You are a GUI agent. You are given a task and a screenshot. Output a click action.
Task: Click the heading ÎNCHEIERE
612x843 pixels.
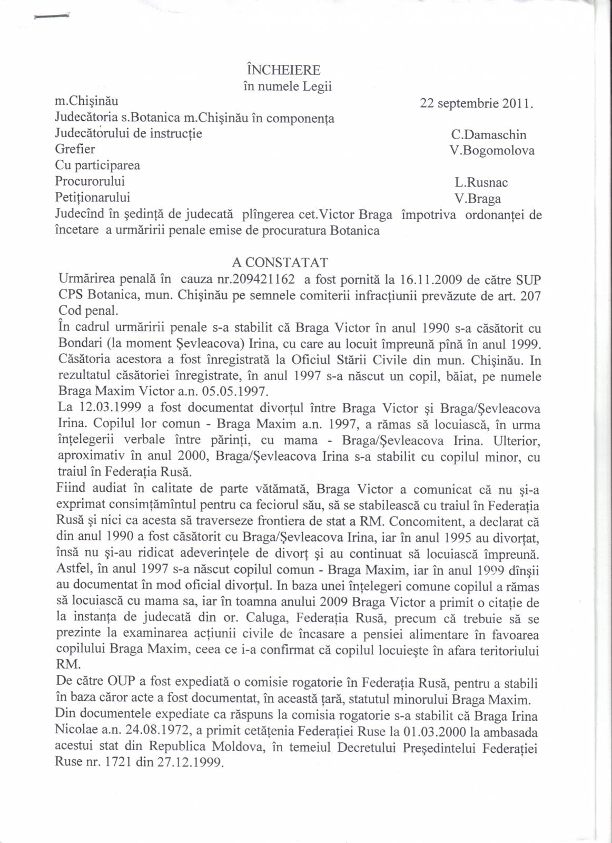pyautogui.click(x=283, y=70)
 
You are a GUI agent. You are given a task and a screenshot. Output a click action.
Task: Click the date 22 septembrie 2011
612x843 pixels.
pyautogui.click(x=476, y=103)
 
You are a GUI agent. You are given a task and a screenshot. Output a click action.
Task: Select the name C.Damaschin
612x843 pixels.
pyautogui.click(x=489, y=135)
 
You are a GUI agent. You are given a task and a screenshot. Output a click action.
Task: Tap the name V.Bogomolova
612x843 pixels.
pyautogui.click(x=492, y=151)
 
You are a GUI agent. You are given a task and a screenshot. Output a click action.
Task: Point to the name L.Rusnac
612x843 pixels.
pyautogui.click(x=481, y=183)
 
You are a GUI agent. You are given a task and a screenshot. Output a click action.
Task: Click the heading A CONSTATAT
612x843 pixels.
pyautogui.click(x=280, y=263)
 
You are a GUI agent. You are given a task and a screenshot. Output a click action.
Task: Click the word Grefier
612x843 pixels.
pyautogui.click(x=75, y=149)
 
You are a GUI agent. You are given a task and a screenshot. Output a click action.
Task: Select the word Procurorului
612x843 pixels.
pyautogui.click(x=90, y=181)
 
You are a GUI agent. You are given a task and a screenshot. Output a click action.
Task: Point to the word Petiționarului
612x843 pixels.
pyautogui.click(x=92, y=198)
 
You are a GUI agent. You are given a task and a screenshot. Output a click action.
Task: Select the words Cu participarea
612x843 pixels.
pyautogui.click(x=97, y=166)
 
